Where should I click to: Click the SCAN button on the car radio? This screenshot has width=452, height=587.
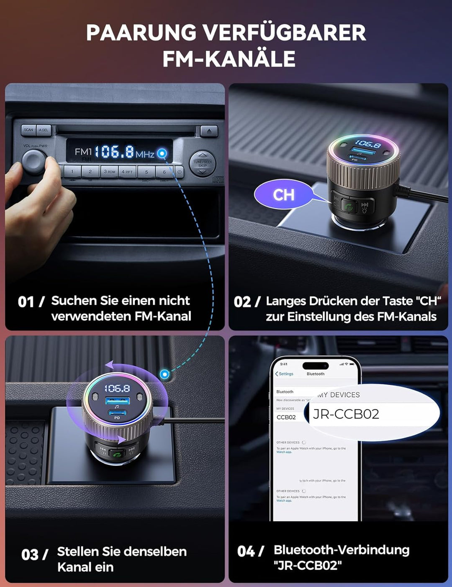pos(28,130)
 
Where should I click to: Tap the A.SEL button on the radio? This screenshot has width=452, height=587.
pos(44,130)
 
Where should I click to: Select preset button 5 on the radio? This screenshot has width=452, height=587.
pos(146,172)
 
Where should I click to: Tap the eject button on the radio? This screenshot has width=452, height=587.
pos(209,131)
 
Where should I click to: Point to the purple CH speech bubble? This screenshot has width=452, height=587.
pos(284,194)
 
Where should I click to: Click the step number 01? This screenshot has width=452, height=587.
pos(26,302)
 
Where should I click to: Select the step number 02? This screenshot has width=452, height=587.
pos(242,302)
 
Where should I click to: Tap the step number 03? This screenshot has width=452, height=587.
pos(30,555)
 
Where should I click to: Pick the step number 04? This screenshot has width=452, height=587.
pos(246,551)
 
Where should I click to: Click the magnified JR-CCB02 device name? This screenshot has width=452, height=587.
pos(346,414)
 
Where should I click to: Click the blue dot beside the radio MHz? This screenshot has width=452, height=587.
pos(162,153)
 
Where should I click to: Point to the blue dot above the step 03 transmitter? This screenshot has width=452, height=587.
pos(165,374)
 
